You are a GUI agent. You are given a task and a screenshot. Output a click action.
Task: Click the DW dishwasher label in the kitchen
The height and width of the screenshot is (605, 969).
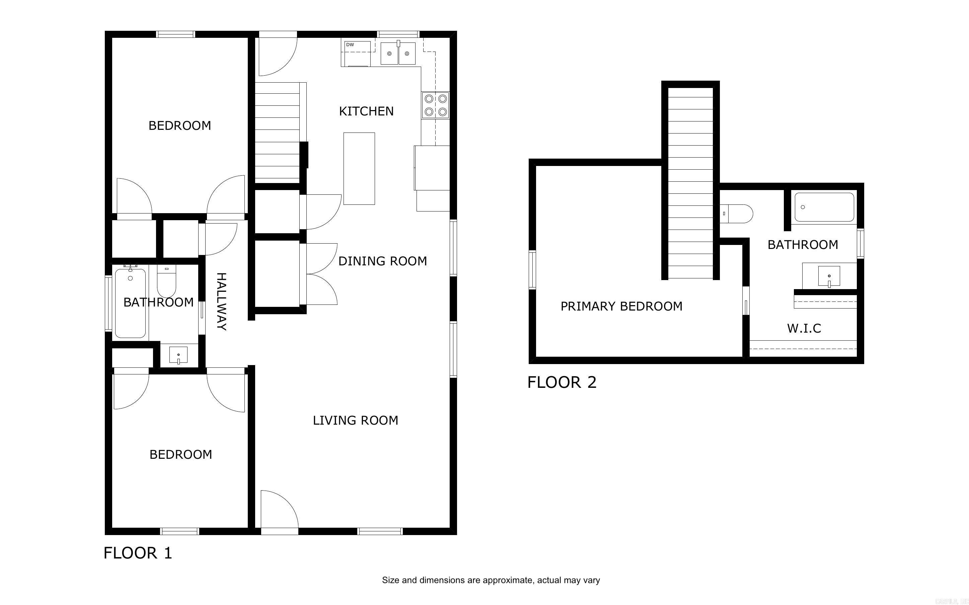tap(350, 45)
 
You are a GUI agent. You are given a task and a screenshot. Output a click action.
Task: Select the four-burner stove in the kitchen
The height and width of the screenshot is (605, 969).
tap(436, 105)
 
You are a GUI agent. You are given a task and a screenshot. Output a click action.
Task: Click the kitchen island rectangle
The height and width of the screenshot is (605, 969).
tap(359, 168)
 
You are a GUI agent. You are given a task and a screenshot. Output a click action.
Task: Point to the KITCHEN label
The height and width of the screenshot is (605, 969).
tap(366, 111)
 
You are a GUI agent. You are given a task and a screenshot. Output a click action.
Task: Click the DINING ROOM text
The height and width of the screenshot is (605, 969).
tap(383, 261)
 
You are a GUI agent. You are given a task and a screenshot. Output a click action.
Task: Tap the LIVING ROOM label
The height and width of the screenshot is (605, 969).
tap(355, 421)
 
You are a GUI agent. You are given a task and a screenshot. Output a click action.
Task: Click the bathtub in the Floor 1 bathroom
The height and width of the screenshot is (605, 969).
tap(130, 303)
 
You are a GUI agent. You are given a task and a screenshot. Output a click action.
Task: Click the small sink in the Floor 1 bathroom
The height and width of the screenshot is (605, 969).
tap(178, 355)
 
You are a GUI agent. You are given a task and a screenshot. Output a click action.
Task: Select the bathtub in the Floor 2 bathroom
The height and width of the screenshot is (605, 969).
tap(824, 207)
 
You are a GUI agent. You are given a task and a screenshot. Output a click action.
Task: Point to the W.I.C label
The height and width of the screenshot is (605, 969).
tap(804, 329)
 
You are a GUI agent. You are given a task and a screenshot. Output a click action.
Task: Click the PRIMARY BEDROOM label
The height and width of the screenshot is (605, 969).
tap(621, 307)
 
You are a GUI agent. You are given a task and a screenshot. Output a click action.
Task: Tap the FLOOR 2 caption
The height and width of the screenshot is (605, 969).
tap(562, 382)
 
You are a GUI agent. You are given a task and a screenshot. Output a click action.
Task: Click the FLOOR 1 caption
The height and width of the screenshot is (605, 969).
tap(138, 553)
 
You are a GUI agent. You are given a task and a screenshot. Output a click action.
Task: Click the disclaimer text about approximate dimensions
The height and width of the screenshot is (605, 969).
tap(491, 580)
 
